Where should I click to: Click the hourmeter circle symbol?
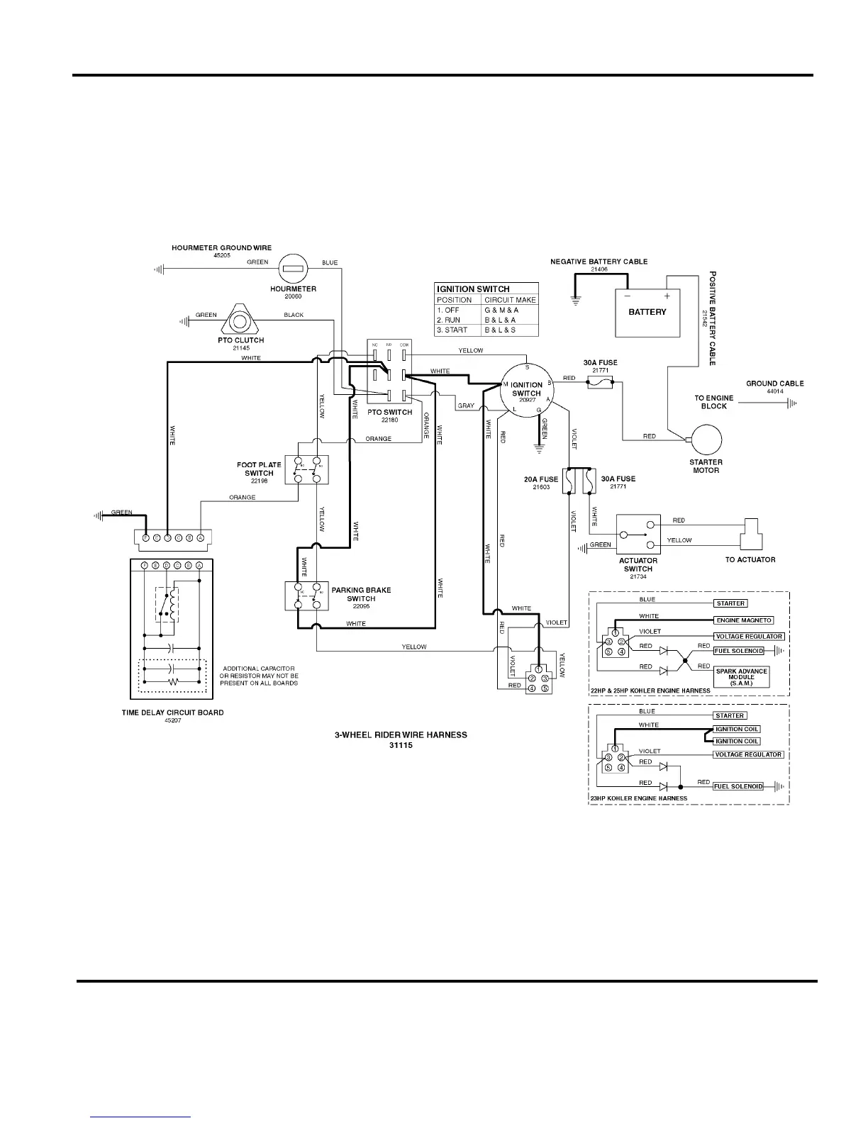point(293,269)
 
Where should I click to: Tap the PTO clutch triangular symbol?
point(240,321)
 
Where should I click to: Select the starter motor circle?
point(706,440)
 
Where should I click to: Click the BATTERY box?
point(647,313)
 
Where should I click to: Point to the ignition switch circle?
point(526,389)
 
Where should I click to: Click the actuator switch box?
point(638,535)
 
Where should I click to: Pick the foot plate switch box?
point(307,470)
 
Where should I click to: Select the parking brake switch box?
point(307,596)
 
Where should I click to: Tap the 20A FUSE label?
point(541,479)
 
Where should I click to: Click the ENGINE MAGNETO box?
point(743,620)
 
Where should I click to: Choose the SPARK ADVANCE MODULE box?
point(741,676)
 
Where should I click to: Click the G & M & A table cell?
point(501,310)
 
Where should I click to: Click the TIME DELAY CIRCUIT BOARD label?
point(172,713)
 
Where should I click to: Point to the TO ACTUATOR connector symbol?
point(750,535)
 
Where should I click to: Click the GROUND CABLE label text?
point(774,384)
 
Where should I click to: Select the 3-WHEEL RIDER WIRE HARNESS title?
point(401,734)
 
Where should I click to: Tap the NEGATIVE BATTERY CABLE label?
point(599,262)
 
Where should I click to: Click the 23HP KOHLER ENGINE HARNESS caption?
point(639,798)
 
